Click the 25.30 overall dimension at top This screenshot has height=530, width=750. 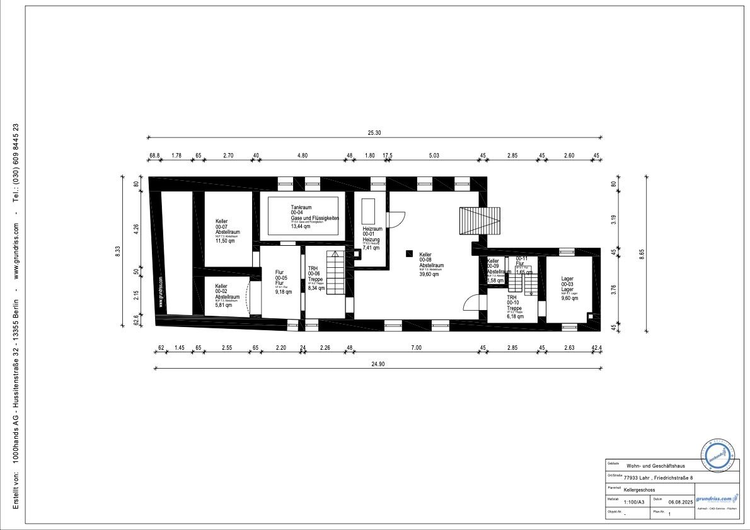point(375,133)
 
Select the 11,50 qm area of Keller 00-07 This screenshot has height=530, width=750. point(224,241)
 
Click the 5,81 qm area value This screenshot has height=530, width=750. point(224,305)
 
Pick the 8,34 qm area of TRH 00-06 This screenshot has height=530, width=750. point(316,288)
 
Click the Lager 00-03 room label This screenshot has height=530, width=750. point(567,284)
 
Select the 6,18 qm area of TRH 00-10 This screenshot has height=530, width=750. point(516,316)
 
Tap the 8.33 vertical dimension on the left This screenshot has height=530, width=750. point(117,252)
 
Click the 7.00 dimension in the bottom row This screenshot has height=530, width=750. point(416,347)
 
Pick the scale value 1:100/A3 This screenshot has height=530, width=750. point(633,502)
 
